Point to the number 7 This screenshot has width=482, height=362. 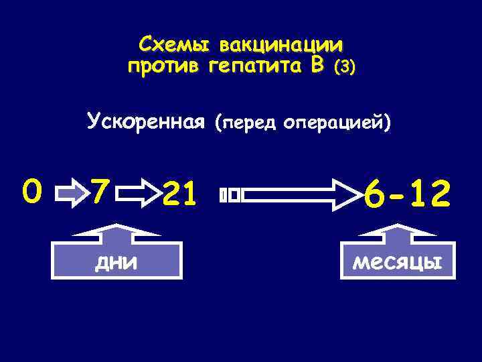[100, 193]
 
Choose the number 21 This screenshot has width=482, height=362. [181, 195]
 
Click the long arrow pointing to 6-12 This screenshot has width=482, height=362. [298, 195]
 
